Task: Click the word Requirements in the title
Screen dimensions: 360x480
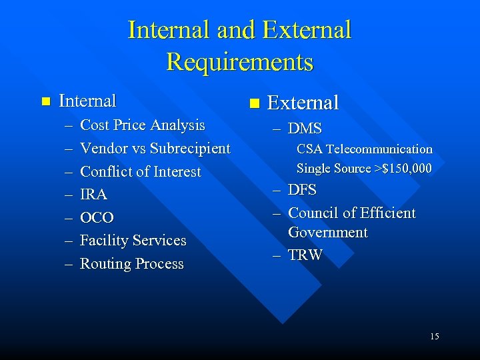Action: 239,62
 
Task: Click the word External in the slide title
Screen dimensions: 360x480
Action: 307,30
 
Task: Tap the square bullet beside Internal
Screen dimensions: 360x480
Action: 45,101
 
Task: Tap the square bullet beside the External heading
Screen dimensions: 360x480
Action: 253,103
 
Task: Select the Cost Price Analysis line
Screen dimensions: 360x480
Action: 142,125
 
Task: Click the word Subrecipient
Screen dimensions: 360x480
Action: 190,148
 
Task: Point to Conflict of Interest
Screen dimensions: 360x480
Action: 140,171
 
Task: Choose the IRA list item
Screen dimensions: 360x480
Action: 93,195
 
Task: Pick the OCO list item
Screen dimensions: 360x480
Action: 97,217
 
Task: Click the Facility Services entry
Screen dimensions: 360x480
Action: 133,240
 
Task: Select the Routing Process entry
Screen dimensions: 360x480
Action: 131,263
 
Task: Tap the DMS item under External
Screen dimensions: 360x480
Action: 305,129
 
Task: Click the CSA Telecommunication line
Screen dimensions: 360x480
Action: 364,149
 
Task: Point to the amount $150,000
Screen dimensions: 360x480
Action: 407,169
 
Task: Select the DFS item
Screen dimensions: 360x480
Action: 302,191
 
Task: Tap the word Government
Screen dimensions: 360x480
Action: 327,233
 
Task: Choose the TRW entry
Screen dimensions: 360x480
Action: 305,255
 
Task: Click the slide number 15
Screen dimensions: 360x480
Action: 434,336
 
